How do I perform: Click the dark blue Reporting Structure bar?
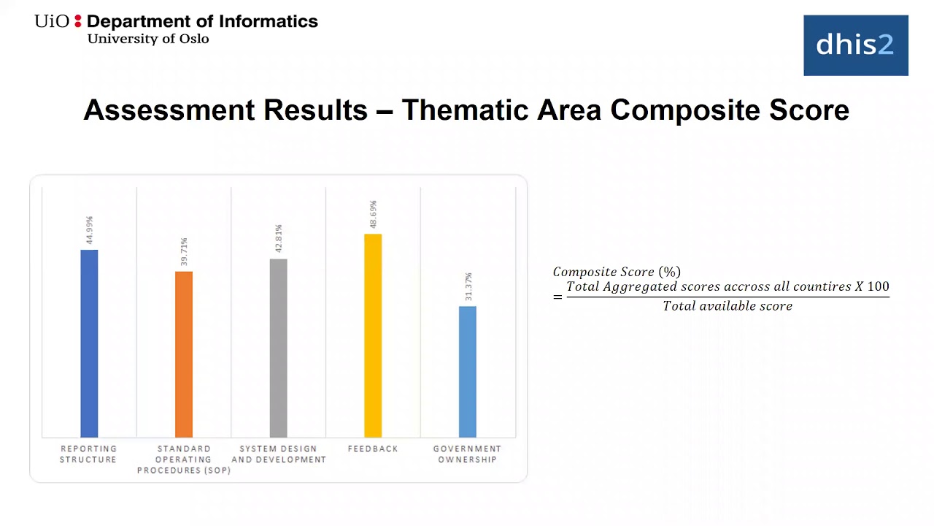89,343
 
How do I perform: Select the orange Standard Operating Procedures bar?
184,354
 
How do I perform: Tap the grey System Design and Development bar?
278,348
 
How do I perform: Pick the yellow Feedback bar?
373,335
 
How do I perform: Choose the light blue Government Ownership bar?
468,371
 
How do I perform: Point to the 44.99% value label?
89,230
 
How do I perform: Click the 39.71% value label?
184,252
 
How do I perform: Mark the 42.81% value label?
278,239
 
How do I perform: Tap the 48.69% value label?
373,215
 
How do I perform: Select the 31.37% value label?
468,287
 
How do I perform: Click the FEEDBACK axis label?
373,449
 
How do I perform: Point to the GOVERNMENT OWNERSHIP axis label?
467,454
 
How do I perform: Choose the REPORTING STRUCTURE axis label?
88,454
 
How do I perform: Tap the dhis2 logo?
855,45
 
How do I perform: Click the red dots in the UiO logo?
78,21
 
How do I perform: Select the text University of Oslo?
148,39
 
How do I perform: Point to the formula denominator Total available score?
727,306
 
